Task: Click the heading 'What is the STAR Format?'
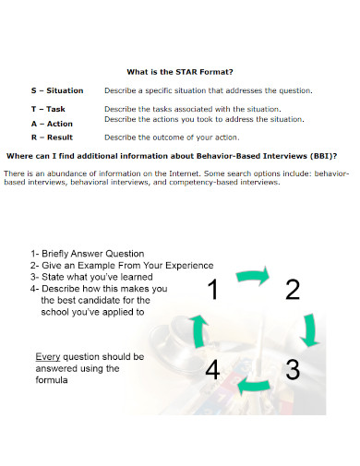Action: coord(179,70)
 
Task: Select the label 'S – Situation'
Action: coord(57,90)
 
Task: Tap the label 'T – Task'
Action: coord(49,109)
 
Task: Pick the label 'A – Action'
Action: coord(52,123)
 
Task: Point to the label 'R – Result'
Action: coord(52,137)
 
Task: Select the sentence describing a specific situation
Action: coord(208,90)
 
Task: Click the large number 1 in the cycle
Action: coord(212,291)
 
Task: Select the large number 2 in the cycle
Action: coord(293,291)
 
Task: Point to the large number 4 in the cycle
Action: coord(212,370)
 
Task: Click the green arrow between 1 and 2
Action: coord(253,274)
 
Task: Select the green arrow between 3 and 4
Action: coord(252,385)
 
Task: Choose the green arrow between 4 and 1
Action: coord(197,330)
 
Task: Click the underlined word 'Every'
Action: coord(48,356)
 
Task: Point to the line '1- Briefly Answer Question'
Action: coord(88,254)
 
